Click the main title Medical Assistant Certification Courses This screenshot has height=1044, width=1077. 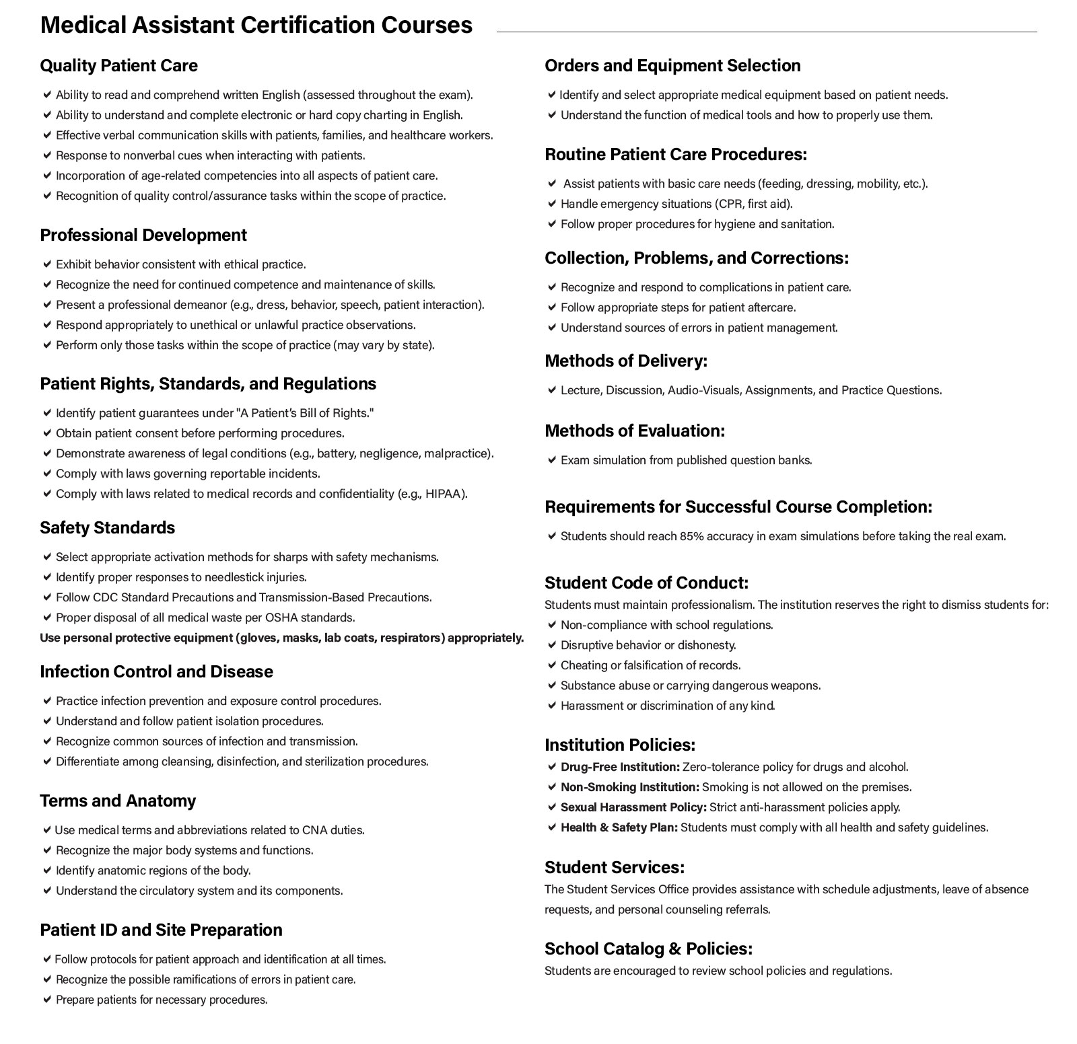coord(256,25)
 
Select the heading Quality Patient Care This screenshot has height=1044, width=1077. coord(118,66)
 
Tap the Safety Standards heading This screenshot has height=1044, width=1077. coord(107,528)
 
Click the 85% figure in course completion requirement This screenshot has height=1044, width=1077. coord(691,536)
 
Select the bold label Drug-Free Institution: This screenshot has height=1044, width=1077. coord(620,767)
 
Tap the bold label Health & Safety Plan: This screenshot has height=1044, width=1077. coord(619,827)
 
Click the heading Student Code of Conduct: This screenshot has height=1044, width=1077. coord(646,583)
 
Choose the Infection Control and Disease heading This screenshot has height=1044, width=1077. coord(156,672)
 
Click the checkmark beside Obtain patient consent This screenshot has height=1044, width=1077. coord(47,433)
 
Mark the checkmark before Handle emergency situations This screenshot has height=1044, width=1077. coord(552,203)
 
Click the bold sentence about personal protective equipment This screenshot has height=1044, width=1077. coord(281,638)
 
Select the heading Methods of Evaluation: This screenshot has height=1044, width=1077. coord(635,431)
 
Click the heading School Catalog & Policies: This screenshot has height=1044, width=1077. coord(648,949)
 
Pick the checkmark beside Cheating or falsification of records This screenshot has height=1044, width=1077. coord(552,665)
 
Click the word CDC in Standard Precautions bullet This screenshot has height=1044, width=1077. coord(105,597)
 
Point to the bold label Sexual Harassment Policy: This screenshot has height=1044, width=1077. coord(633,807)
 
